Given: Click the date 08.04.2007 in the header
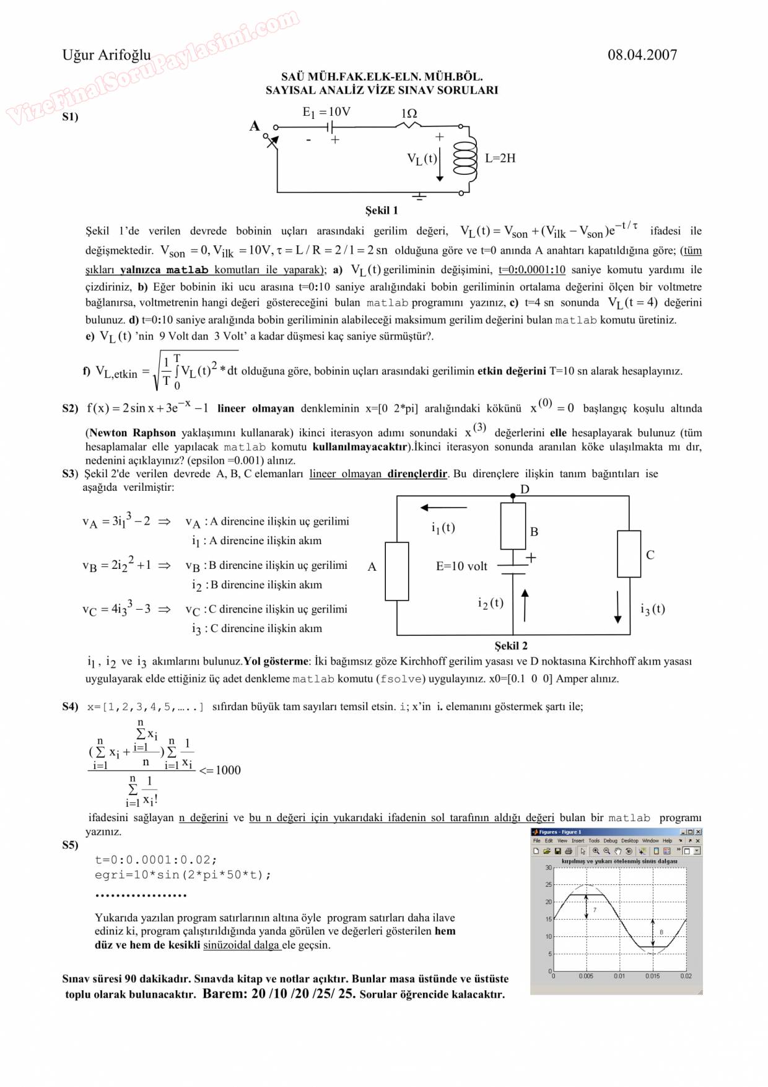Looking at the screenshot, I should [642, 55].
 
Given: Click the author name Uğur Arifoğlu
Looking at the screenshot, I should [107, 55].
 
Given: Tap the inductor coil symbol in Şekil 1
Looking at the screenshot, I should [466, 159].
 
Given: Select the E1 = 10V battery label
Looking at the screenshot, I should [326, 112].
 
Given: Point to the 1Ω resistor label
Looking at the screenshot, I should [409, 113].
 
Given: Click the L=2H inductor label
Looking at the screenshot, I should [500, 158].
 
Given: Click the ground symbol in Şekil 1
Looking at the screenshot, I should [420, 196].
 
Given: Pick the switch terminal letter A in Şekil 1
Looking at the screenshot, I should [255, 126].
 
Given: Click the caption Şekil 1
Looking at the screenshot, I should [382, 210].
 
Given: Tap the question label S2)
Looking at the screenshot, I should [71, 408].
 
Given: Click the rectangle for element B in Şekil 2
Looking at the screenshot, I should [513, 526].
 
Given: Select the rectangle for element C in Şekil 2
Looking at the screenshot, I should [629, 553].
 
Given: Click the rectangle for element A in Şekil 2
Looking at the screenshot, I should [397, 571].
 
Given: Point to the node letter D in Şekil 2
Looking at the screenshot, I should [525, 489].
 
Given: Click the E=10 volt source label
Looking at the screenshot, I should [461, 566].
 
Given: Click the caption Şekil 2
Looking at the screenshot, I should [511, 645].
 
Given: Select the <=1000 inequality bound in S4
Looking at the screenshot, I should [220, 770].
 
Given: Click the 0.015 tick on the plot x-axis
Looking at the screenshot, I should [652, 976].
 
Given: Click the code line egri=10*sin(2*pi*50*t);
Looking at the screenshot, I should [183, 874].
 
